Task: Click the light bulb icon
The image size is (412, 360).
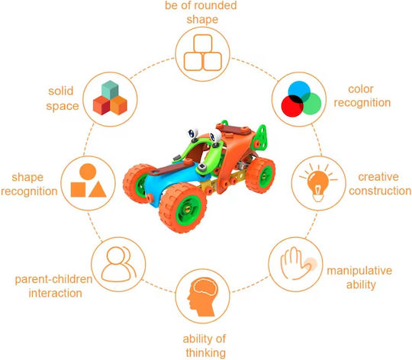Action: coord(318,183)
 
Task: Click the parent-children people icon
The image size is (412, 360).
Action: coord(119,264)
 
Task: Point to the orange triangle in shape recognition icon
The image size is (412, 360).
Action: coord(98,189)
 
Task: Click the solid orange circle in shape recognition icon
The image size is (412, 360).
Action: coord(88,172)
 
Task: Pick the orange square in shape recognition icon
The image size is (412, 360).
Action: coord(78,190)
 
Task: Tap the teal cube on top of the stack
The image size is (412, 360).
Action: coord(110,90)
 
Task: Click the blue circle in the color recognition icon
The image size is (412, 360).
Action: coord(299,92)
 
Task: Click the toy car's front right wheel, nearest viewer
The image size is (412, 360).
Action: coord(183,207)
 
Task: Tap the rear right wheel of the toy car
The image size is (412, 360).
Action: coord(260,175)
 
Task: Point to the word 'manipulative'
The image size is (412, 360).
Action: coord(359,271)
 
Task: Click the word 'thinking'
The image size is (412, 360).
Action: coord(206,352)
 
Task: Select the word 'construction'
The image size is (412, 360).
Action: coord(380,191)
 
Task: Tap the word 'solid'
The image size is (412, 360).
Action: coord(61,91)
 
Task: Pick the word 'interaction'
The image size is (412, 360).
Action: coord(55,293)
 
